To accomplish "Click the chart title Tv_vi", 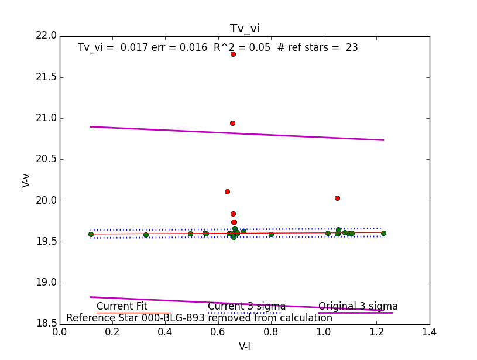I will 245,29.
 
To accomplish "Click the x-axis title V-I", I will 245,347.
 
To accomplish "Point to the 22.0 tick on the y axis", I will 46,36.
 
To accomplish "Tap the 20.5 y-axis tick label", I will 46,159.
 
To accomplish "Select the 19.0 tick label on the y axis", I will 46,283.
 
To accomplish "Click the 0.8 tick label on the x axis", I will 271,332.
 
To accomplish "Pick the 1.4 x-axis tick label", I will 429,332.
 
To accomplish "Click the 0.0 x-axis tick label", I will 60,332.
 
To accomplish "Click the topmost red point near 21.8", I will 233,54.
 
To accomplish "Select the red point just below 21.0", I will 232,123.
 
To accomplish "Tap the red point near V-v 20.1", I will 227,191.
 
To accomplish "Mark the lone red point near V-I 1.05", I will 337,198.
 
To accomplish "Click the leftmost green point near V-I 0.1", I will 91,234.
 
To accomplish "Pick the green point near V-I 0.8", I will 271,234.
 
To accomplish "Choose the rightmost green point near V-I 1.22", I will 383,233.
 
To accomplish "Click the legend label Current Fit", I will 122,306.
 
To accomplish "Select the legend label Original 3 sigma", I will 358,306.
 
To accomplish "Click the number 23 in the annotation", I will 351,47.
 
